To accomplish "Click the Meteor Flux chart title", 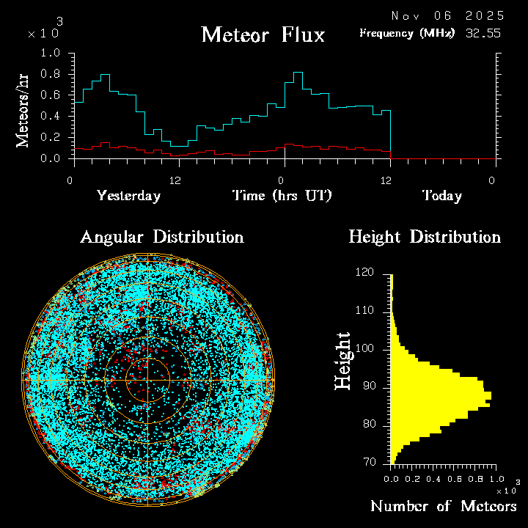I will pyautogui.click(x=263, y=34).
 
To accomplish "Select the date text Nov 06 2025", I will pyautogui.click(x=447, y=15).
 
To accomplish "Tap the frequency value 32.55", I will pyautogui.click(x=484, y=33).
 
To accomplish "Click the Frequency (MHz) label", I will pyautogui.click(x=407, y=33).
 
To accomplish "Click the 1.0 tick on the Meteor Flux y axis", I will pyautogui.click(x=51, y=54).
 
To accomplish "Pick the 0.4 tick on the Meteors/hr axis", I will pyautogui.click(x=51, y=117).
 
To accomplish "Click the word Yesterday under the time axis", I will pyautogui.click(x=128, y=196).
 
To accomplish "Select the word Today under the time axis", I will pyautogui.click(x=442, y=196).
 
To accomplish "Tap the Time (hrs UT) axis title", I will pyautogui.click(x=282, y=196).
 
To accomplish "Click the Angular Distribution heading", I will pyautogui.click(x=161, y=237).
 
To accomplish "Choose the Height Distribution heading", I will pyautogui.click(x=425, y=237).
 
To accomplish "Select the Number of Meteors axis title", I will pyautogui.click(x=444, y=506).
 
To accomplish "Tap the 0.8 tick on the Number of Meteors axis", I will pyautogui.click(x=471, y=478).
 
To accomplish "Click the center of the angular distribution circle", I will pyautogui.click(x=147, y=380).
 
